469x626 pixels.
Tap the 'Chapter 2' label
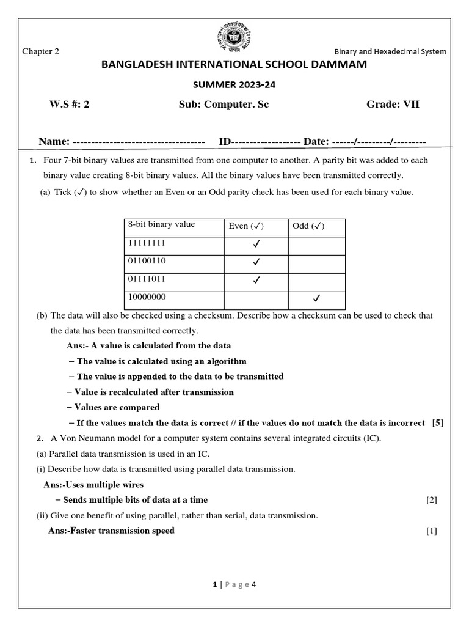click(41, 51)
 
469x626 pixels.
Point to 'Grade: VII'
click(393, 105)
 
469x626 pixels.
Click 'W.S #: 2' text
click(69, 105)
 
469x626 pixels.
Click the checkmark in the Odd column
click(316, 299)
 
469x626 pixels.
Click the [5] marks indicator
click(437, 423)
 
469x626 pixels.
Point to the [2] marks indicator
click(432, 500)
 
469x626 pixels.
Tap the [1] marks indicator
click(432, 531)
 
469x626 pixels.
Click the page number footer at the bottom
click(234, 584)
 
